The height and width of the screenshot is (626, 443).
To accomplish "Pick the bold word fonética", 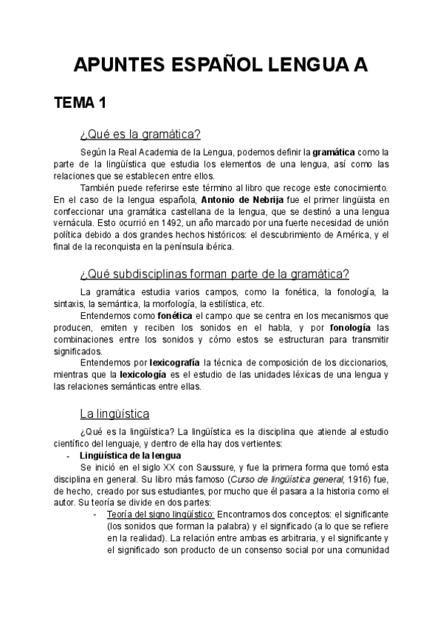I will tap(173, 316).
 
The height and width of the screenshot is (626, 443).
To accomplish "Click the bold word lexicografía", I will tap(173, 362).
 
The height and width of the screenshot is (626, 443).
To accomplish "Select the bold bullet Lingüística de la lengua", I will tap(131, 455).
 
